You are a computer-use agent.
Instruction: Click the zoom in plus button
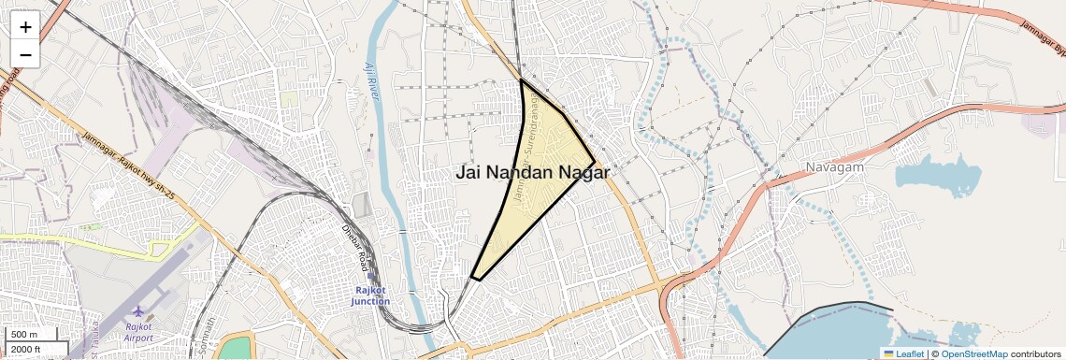pyautogui.click(x=25, y=27)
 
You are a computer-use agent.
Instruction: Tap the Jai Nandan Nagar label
pyautogui.click(x=532, y=173)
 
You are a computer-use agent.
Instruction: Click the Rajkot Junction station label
pyautogui.click(x=370, y=295)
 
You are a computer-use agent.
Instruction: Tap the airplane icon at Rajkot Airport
pyautogui.click(x=138, y=311)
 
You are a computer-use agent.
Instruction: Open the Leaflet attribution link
pyautogui.click(x=903, y=353)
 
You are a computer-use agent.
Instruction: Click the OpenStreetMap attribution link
pyautogui.click(x=973, y=353)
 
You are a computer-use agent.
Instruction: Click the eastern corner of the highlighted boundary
pyautogui.click(x=595, y=162)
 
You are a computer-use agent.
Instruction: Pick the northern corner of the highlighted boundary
pyautogui.click(x=521, y=80)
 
